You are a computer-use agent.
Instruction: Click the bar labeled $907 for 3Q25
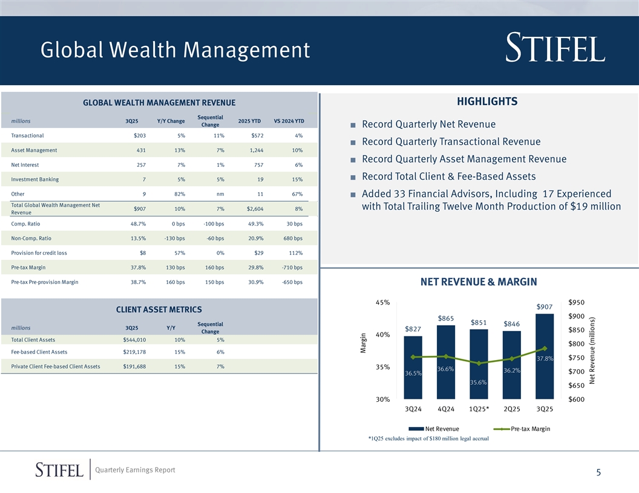[545, 356]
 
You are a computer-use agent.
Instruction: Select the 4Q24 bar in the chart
[445, 362]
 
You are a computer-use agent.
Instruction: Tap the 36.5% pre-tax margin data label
[413, 373]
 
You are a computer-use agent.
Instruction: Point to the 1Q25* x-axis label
[479, 409]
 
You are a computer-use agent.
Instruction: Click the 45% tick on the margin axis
[382, 302]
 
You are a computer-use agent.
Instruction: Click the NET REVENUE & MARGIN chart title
[478, 282]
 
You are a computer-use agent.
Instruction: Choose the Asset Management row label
[34, 150]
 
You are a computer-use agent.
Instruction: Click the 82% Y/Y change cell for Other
[179, 194]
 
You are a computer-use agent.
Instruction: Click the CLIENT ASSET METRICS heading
[159, 310]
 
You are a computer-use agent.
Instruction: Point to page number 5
[598, 473]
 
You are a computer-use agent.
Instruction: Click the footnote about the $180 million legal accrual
[428, 439]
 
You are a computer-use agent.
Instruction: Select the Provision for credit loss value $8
[142, 253]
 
